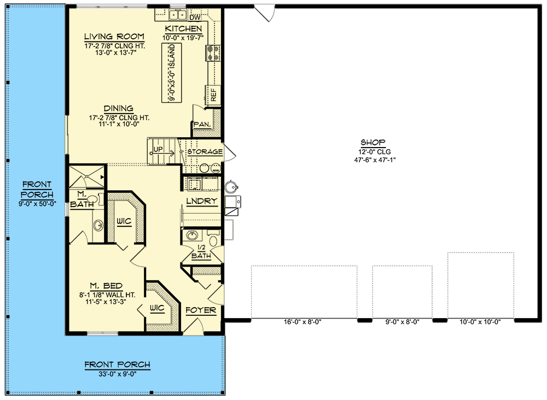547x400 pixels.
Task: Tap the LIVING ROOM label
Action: click(114, 37)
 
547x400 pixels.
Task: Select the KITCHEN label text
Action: click(183, 29)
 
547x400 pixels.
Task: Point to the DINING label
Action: click(118, 109)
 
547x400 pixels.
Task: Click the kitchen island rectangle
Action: click(171, 73)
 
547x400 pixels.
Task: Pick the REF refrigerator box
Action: click(213, 95)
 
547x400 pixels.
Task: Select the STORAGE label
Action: click(205, 152)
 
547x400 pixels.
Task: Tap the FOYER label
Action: click(201, 311)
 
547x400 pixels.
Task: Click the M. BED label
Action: click(107, 286)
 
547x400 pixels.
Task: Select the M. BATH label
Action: click(82, 200)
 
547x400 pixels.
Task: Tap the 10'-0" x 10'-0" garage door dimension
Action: click(480, 322)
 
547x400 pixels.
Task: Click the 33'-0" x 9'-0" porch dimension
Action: click(117, 374)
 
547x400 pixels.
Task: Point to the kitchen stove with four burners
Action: click(213, 53)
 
